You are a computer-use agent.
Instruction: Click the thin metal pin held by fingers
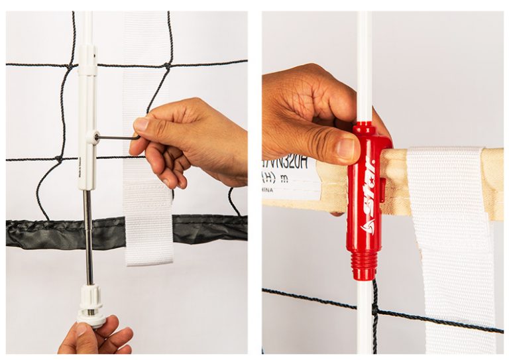[x=117, y=138]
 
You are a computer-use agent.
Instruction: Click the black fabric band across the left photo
[x=46, y=232]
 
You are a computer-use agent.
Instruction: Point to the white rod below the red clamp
[x=364, y=318]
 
